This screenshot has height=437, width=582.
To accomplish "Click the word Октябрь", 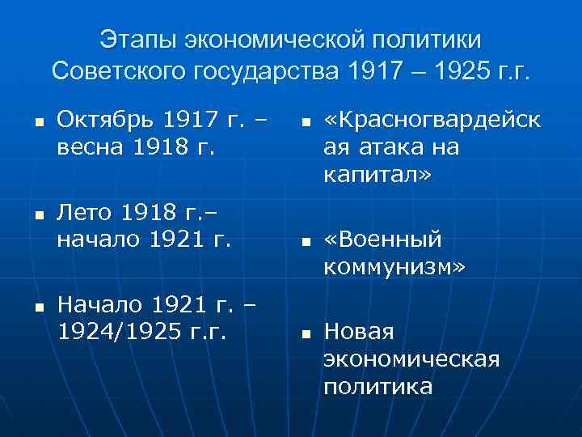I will point(105,121).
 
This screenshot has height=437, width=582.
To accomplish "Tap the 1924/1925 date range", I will point(118,332).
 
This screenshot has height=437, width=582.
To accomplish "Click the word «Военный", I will point(383,240).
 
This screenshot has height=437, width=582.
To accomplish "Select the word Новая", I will point(358,331).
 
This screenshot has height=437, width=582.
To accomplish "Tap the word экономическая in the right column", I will point(411,359).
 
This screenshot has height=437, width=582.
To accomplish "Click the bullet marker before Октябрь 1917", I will point(38,123).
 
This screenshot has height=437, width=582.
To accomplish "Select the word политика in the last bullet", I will point(377,386).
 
